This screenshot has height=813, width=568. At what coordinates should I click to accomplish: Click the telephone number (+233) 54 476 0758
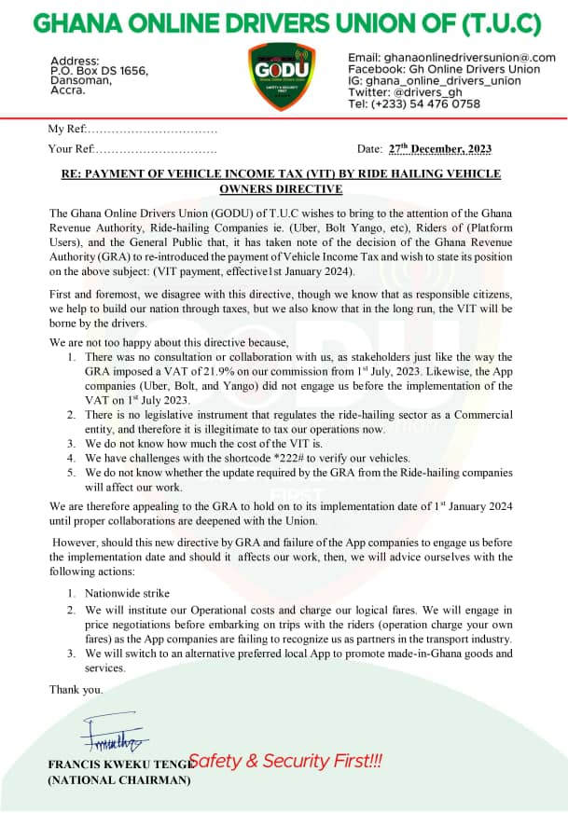click(427, 103)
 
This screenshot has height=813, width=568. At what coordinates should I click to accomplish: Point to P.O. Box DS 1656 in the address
click(99, 70)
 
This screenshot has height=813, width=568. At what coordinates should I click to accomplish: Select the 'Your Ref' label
click(70, 149)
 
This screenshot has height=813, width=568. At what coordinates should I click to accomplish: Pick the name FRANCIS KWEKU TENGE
click(117, 765)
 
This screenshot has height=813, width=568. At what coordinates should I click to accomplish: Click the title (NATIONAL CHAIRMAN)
click(118, 780)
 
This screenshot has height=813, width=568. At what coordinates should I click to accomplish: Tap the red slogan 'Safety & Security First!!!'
click(285, 762)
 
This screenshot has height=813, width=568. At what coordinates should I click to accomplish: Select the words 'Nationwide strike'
click(127, 593)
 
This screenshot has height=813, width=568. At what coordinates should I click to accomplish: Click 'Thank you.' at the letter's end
click(76, 690)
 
